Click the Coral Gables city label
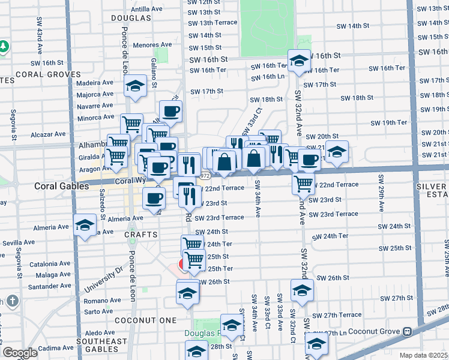61,186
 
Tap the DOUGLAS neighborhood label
131,18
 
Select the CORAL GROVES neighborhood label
48,75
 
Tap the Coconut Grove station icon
407,331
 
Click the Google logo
20,353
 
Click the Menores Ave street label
152,45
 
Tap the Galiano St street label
154,73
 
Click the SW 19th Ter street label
388,122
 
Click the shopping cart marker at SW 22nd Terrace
304,182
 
